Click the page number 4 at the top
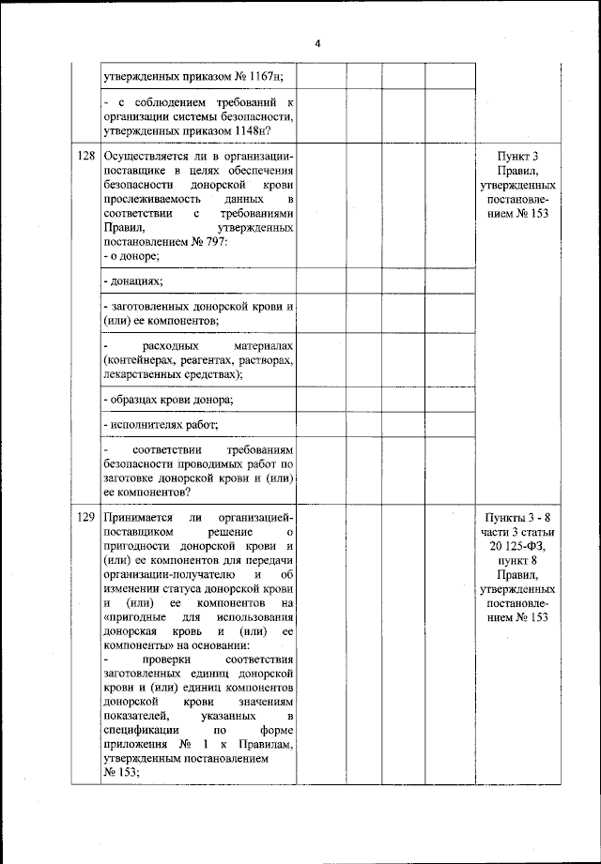(318, 44)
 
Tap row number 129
(85, 517)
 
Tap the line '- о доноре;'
(131, 256)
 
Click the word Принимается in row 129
(141, 517)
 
